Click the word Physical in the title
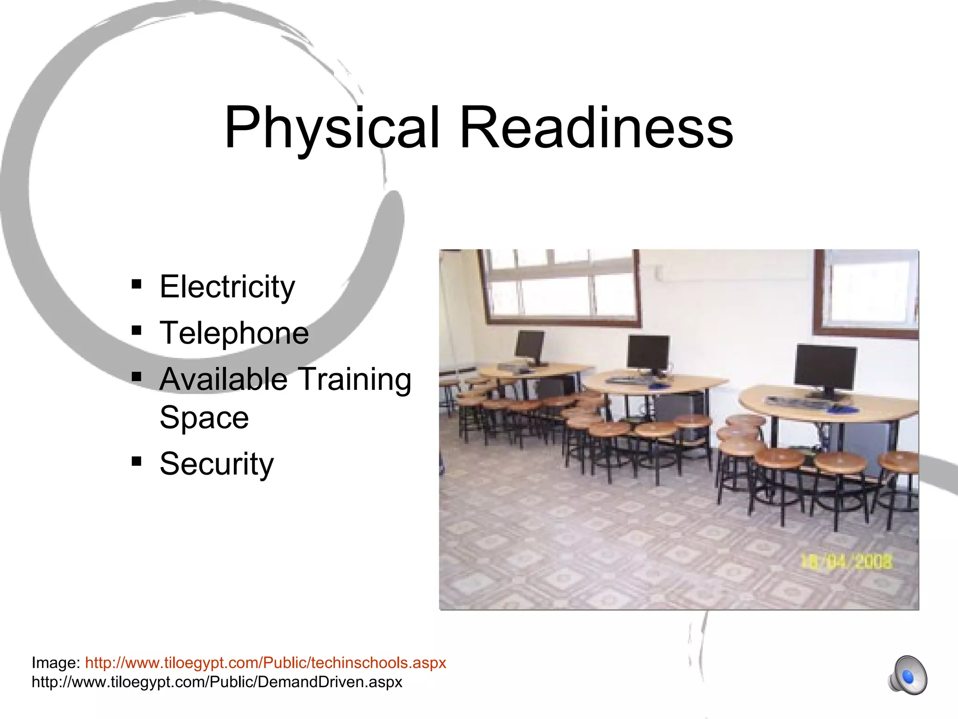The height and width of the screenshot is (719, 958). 332,127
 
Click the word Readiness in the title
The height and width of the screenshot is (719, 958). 596,127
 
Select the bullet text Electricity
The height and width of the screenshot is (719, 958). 227,286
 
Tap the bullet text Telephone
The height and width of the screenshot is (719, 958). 234,333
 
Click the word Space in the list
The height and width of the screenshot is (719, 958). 204,417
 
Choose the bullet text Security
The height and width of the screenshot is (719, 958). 217,463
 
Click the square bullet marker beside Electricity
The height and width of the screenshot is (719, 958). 137,284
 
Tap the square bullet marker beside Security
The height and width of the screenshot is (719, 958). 137,462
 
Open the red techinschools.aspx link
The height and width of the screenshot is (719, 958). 265,663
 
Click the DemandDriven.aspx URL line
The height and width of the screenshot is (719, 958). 217,682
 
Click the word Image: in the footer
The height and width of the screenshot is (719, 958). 56,663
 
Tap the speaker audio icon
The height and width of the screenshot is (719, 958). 907,675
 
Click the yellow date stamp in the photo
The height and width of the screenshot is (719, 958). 847,561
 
